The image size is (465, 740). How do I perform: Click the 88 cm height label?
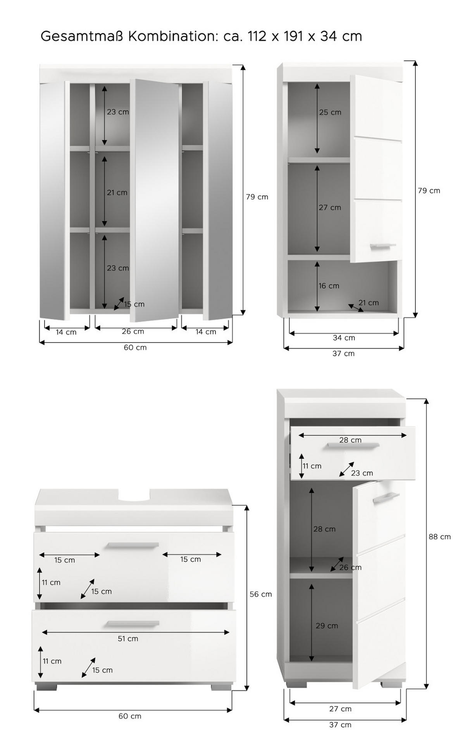click(439, 537)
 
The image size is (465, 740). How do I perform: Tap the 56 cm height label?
click(260, 594)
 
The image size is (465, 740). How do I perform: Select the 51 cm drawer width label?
click(128, 638)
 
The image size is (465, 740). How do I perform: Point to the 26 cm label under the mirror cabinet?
click(133, 331)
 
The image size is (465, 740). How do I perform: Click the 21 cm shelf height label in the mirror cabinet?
click(117, 192)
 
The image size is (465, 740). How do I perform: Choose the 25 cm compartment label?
click(330, 112)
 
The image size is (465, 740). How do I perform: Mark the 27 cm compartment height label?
click(330, 208)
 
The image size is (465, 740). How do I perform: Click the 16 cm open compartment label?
click(329, 286)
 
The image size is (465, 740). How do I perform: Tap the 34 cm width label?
click(344, 338)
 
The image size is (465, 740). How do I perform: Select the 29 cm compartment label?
click(327, 626)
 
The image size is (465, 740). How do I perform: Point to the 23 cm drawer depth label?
click(362, 473)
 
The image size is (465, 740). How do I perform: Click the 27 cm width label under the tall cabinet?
click(340, 709)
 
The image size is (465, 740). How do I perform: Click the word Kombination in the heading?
click(170, 36)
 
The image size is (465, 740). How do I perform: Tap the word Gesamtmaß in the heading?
click(81, 36)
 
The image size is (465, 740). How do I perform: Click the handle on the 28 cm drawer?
click(353, 445)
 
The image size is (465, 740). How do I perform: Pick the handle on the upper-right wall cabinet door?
click(383, 245)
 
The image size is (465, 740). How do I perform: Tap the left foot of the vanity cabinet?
click(46, 687)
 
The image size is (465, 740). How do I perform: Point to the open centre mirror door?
click(154, 200)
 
